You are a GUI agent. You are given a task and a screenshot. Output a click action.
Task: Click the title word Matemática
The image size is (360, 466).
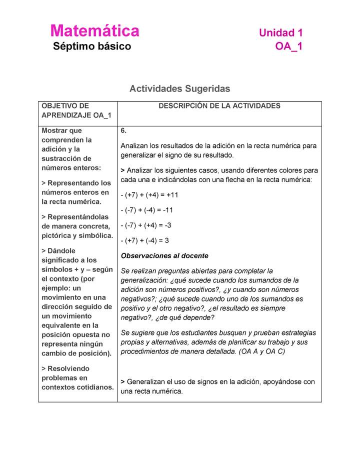pyautogui.click(x=94, y=31)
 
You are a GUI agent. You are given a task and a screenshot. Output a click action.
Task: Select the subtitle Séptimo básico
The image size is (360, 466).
pyautogui.click(x=92, y=46)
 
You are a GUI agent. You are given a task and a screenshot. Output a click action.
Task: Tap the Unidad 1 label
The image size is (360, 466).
pyautogui.click(x=280, y=33)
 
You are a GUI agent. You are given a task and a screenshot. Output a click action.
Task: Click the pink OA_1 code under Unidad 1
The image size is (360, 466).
pyautogui.click(x=288, y=46)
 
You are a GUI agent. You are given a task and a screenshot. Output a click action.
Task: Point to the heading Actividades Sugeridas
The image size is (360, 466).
pyautogui.click(x=179, y=88)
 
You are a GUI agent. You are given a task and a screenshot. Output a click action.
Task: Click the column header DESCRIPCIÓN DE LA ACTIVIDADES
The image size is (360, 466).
pyautogui.click(x=219, y=106)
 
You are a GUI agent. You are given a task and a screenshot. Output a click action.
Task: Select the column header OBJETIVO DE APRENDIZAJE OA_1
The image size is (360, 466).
pyautogui.click(x=76, y=110)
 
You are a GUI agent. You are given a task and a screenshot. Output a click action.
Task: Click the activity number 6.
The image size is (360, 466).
pyautogui.click(x=123, y=131)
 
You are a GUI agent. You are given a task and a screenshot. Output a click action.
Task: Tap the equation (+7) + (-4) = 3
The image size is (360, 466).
pyautogui.click(x=145, y=240)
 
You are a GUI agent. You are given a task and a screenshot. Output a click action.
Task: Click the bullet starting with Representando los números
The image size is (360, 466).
pyautogui.click(x=76, y=192)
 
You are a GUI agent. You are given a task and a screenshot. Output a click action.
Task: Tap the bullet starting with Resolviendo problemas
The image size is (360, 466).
pyautogui.click(x=77, y=377)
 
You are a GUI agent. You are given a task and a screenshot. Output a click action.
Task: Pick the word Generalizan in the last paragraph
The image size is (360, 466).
pyautogui.click(x=148, y=381)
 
